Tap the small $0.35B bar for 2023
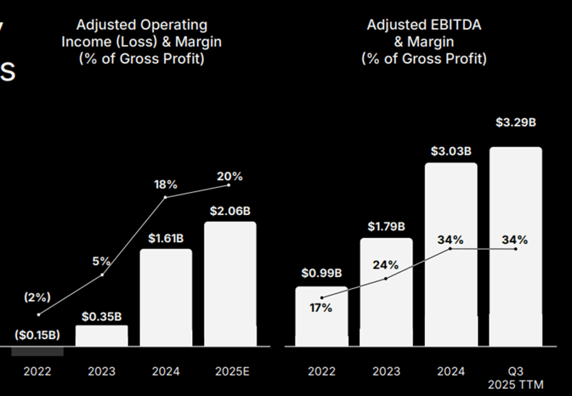coord(102,335)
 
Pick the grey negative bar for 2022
coord(37,351)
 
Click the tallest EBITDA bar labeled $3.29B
coord(516,246)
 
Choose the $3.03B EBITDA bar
coord(451,254)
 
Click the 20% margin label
coord(230,176)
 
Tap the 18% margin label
coord(166,185)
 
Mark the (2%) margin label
coord(37,297)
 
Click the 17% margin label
coord(321,307)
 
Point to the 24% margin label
coord(386,265)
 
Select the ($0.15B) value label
coord(37,335)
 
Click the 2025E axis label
coord(230,371)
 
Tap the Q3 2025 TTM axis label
coord(516,378)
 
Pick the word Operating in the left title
coord(174,25)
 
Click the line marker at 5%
coord(102,275)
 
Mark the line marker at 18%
coord(166,197)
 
